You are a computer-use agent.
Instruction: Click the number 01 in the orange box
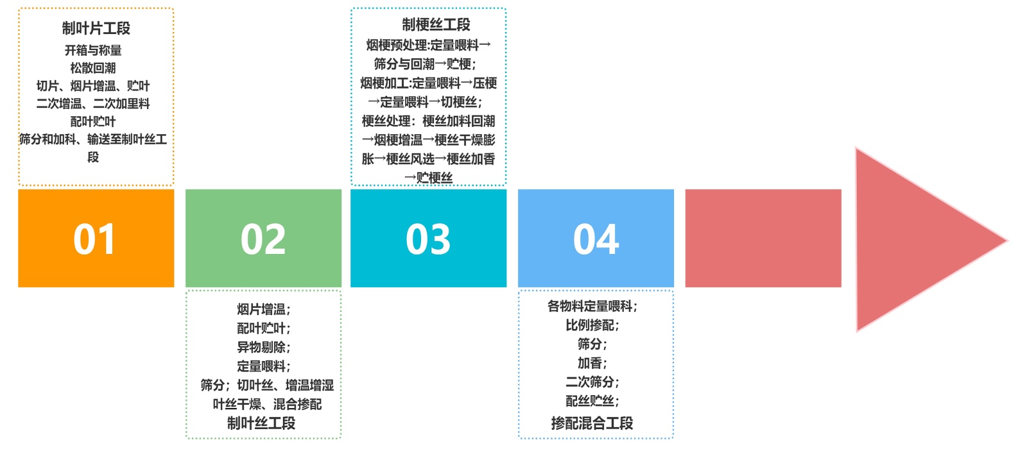pyautogui.click(x=94, y=239)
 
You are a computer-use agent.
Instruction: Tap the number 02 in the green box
pyautogui.click(x=263, y=239)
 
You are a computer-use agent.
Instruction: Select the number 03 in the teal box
pyautogui.click(x=428, y=239)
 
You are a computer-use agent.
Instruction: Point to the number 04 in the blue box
pyautogui.click(x=596, y=239)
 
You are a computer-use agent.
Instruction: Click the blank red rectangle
pyautogui.click(x=763, y=238)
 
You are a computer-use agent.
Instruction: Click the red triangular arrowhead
pyautogui.click(x=918, y=240)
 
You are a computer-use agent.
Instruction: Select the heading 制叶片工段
pyautogui.click(x=96, y=28)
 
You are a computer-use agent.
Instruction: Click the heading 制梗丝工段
pyautogui.click(x=436, y=24)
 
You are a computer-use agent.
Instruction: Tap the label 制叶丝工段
pyautogui.click(x=261, y=423)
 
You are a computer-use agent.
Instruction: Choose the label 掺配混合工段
pyautogui.click(x=592, y=423)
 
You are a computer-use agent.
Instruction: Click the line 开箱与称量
pyautogui.click(x=93, y=50)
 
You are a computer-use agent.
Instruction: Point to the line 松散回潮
pyautogui.click(x=93, y=68)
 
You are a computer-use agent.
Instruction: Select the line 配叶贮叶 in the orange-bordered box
pyautogui.click(x=93, y=121)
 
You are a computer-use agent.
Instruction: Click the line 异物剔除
pyautogui.click(x=263, y=347)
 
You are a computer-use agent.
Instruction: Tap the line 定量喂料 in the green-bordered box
pyautogui.click(x=263, y=366)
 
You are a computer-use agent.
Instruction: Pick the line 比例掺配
pyautogui.click(x=592, y=325)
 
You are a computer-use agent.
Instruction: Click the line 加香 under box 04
pyautogui.click(x=592, y=363)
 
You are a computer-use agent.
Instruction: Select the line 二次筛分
pyautogui.click(x=592, y=382)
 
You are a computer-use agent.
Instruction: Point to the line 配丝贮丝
pyautogui.click(x=592, y=401)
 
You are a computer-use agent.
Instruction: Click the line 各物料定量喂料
pyautogui.click(x=592, y=306)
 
